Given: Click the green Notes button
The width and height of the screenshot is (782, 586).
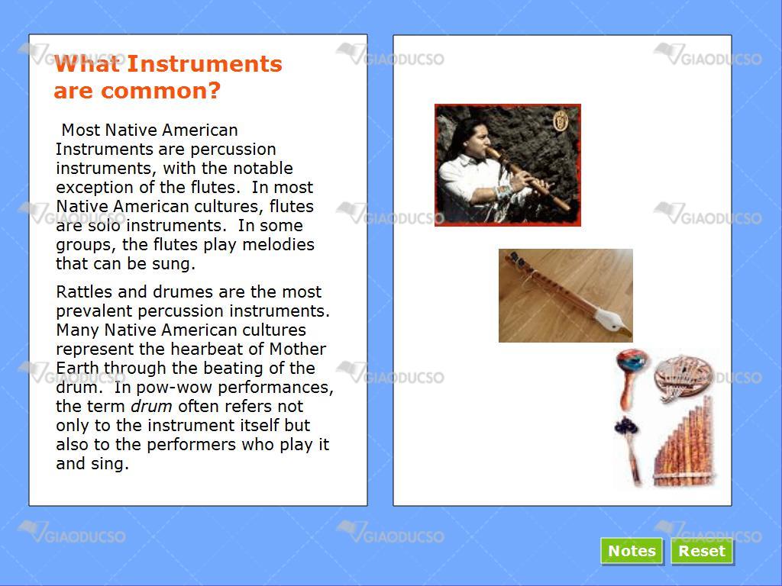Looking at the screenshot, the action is click(632, 551).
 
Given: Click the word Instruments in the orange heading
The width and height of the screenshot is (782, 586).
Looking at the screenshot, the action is click(205, 64).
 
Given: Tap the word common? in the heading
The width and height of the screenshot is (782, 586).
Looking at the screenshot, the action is click(160, 91).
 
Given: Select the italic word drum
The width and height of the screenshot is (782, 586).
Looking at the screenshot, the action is click(151, 406).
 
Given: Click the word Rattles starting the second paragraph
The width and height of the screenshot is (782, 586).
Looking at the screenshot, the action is click(84, 291).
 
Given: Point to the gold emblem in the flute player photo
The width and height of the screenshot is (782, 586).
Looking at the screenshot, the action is click(561, 120).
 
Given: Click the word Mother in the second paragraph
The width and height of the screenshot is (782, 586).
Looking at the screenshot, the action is click(298, 349).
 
